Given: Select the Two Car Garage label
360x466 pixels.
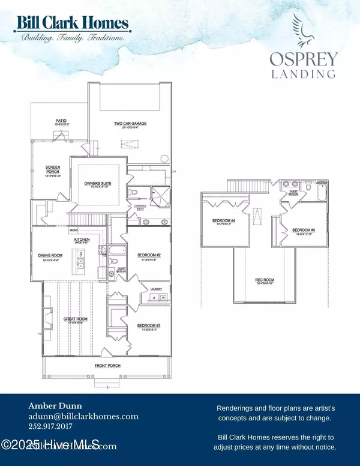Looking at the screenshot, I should (x=130, y=124).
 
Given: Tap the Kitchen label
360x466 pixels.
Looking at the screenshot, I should (x=82, y=240).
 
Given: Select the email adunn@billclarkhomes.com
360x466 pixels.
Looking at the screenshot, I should (x=83, y=416).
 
